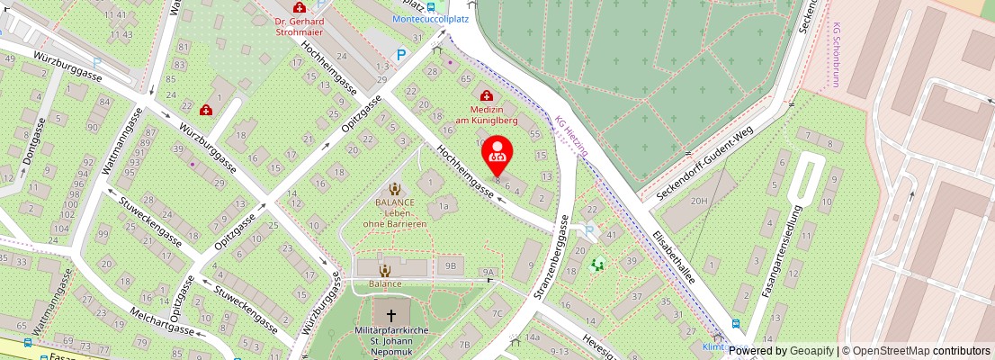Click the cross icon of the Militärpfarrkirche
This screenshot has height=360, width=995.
tap(391, 315)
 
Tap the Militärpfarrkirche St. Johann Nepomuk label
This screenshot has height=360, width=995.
tap(391, 338)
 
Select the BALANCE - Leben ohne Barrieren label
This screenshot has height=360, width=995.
tap(394, 212)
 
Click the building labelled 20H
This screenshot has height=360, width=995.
tap(698, 201)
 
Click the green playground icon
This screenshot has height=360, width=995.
tap(596, 265)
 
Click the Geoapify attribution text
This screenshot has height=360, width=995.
tap(811, 351)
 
